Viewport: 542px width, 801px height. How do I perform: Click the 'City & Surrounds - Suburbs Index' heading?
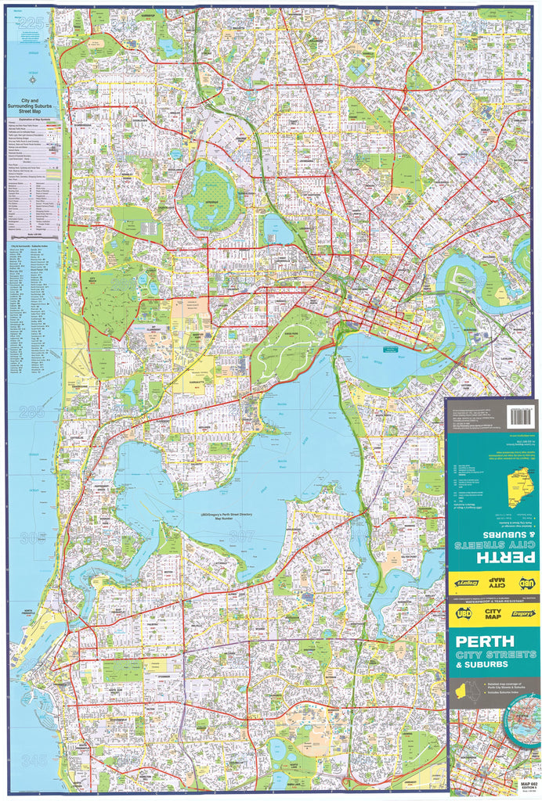coord(33,247)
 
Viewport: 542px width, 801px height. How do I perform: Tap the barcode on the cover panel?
coord(520,416)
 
